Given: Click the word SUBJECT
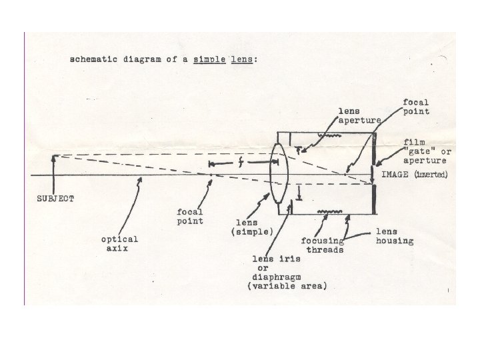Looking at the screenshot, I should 55,199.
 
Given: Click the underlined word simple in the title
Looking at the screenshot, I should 209,60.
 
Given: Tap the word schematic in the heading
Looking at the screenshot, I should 92,60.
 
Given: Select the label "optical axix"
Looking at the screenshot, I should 120,243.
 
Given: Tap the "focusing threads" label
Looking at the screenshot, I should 323,245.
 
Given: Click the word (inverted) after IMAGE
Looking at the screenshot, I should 432,175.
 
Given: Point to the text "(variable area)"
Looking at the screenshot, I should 287,286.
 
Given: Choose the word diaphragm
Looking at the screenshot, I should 277,276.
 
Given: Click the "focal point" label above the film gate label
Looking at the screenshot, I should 417,107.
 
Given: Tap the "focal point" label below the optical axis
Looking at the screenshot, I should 190,217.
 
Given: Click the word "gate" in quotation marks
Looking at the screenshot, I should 417,152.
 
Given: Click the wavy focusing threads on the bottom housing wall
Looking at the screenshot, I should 327,214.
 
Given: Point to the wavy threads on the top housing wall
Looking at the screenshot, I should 327,135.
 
